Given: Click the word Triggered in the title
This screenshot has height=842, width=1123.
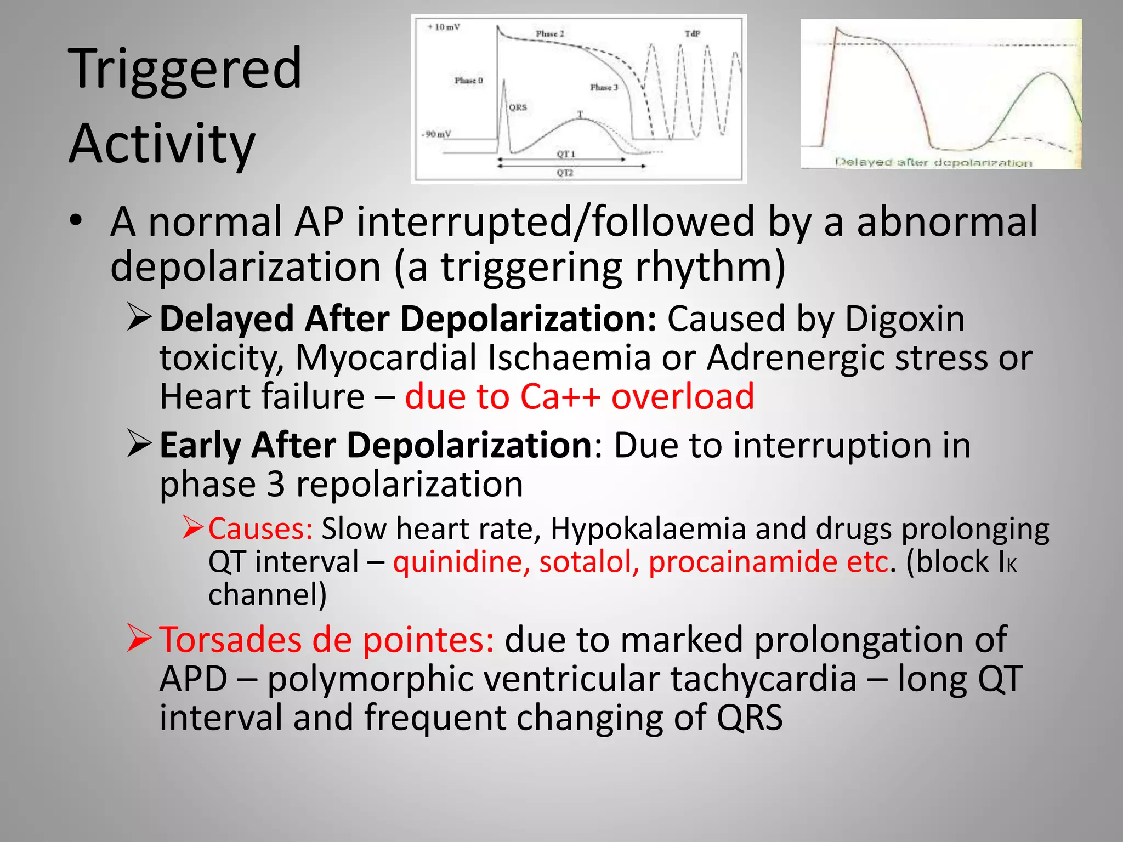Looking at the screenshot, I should (185, 69).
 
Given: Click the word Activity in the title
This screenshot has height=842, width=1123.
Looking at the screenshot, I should (162, 144).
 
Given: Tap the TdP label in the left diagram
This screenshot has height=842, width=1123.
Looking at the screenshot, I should (693, 34).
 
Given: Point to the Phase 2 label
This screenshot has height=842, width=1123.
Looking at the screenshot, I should (550, 34).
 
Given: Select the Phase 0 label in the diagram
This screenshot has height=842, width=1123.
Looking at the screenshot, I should (468, 81).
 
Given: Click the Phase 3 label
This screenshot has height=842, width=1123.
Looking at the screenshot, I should (604, 88).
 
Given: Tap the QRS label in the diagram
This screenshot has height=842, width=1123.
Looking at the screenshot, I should (518, 107).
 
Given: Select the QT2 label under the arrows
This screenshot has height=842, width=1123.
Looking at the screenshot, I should (565, 173).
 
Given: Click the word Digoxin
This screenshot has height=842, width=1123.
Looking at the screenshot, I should (904, 318).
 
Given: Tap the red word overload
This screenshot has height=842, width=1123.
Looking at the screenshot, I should (683, 396).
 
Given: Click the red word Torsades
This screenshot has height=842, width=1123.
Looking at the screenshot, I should (230, 640).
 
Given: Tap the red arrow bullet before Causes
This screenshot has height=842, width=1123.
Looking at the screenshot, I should (193, 527).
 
